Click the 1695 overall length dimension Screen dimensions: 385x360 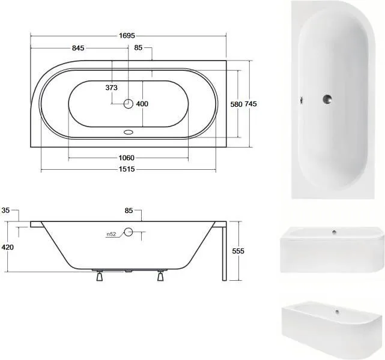(x=127, y=36)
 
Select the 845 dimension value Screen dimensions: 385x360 (x=78, y=48)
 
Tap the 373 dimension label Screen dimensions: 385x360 (x=112, y=88)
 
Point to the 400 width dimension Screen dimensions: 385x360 (x=142, y=104)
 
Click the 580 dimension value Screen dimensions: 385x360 (x=236, y=104)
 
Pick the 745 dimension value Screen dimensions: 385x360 (x=250, y=104)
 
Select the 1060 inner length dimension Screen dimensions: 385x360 (x=127, y=158)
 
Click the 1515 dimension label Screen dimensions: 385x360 (x=127, y=169)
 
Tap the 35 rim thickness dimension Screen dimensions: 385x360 (x=5, y=211)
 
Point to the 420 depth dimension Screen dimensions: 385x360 (x=8, y=247)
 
